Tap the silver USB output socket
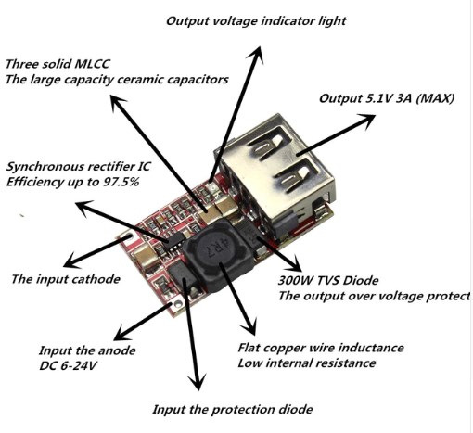point(276,167)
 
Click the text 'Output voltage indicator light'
point(256,21)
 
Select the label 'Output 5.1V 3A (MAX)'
point(387,98)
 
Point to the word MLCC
point(92,64)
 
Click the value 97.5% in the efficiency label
point(121,182)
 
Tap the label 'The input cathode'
point(66,279)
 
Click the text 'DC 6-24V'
point(68,366)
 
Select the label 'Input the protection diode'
point(233,410)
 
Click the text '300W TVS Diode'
point(328,281)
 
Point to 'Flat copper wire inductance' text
point(321,348)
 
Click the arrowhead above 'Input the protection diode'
point(198,382)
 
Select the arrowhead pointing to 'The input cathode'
point(70,261)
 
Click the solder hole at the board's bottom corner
point(177,303)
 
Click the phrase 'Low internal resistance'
point(307,363)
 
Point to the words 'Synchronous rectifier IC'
point(78,167)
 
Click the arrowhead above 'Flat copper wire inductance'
point(249,326)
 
